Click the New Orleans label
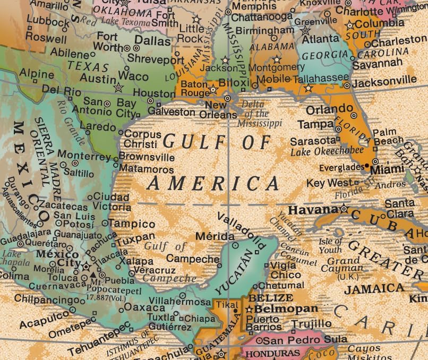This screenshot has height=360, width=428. [221, 110]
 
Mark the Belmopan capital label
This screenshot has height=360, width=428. [286, 308]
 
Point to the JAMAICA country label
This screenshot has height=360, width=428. [374, 288]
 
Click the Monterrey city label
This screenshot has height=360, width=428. [84, 156]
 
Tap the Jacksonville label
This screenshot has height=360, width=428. [384, 81]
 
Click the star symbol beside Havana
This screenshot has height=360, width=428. [344, 209]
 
